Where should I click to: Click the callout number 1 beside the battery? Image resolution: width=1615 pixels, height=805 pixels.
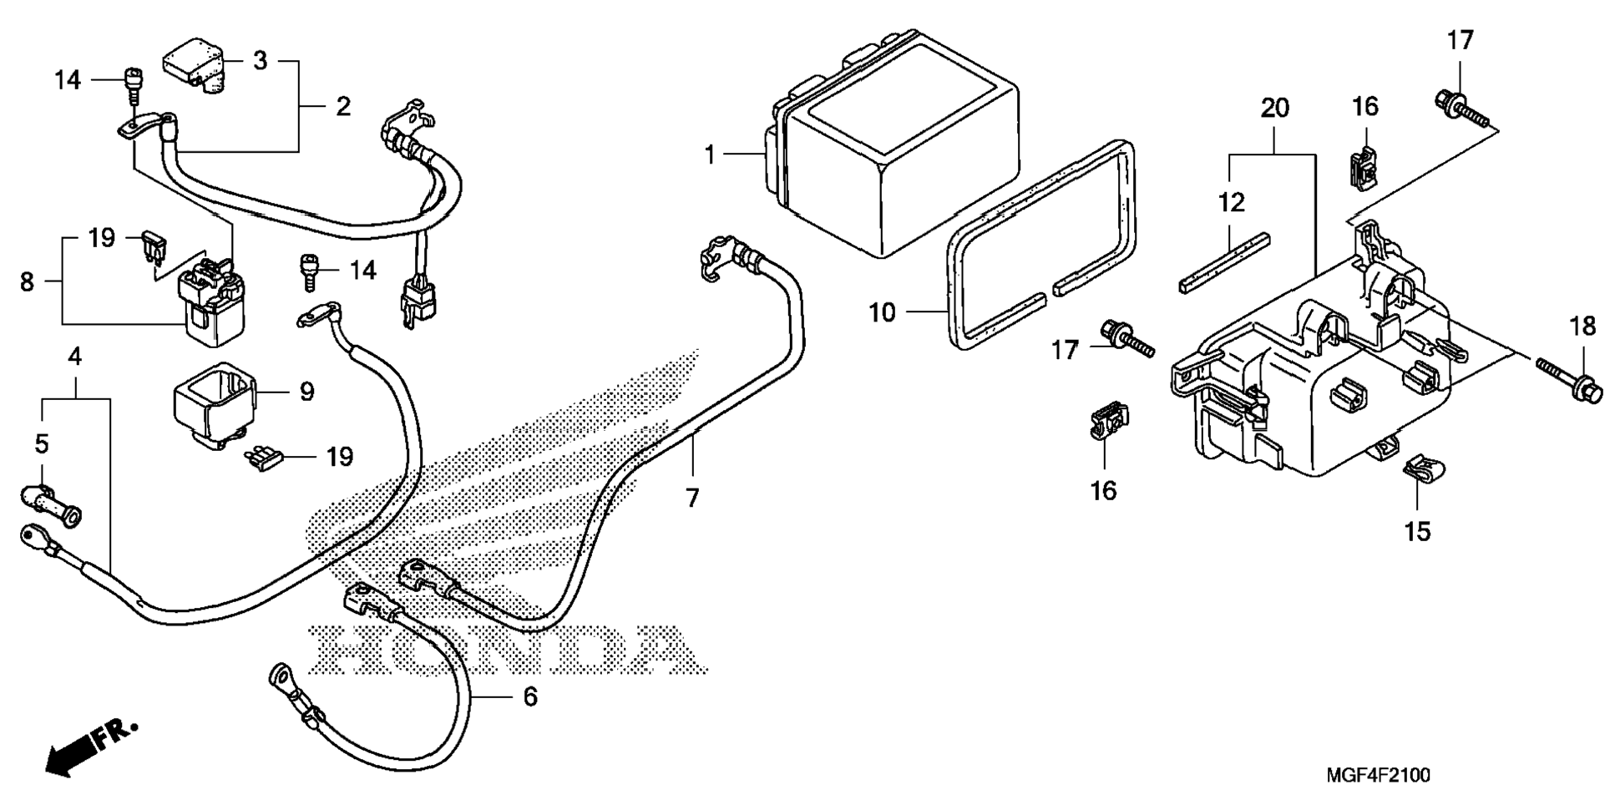click(x=710, y=154)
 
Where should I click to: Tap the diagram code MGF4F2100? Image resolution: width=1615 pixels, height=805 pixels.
click(x=1378, y=775)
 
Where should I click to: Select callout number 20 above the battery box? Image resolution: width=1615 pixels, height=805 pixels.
click(x=1274, y=108)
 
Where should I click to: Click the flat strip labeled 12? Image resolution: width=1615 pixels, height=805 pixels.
click(x=1226, y=263)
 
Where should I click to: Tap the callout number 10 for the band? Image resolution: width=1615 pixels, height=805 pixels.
click(x=881, y=313)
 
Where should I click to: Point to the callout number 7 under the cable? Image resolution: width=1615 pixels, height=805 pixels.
click(x=692, y=499)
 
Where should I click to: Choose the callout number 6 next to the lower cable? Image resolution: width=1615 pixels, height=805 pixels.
click(x=530, y=696)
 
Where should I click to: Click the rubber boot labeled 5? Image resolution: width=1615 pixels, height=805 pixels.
click(x=50, y=504)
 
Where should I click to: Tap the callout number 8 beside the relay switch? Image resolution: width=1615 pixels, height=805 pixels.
click(x=27, y=282)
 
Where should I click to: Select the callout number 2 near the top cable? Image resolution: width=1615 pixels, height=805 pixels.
click(x=343, y=106)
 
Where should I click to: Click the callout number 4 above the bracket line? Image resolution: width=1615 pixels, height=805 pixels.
click(x=75, y=357)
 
